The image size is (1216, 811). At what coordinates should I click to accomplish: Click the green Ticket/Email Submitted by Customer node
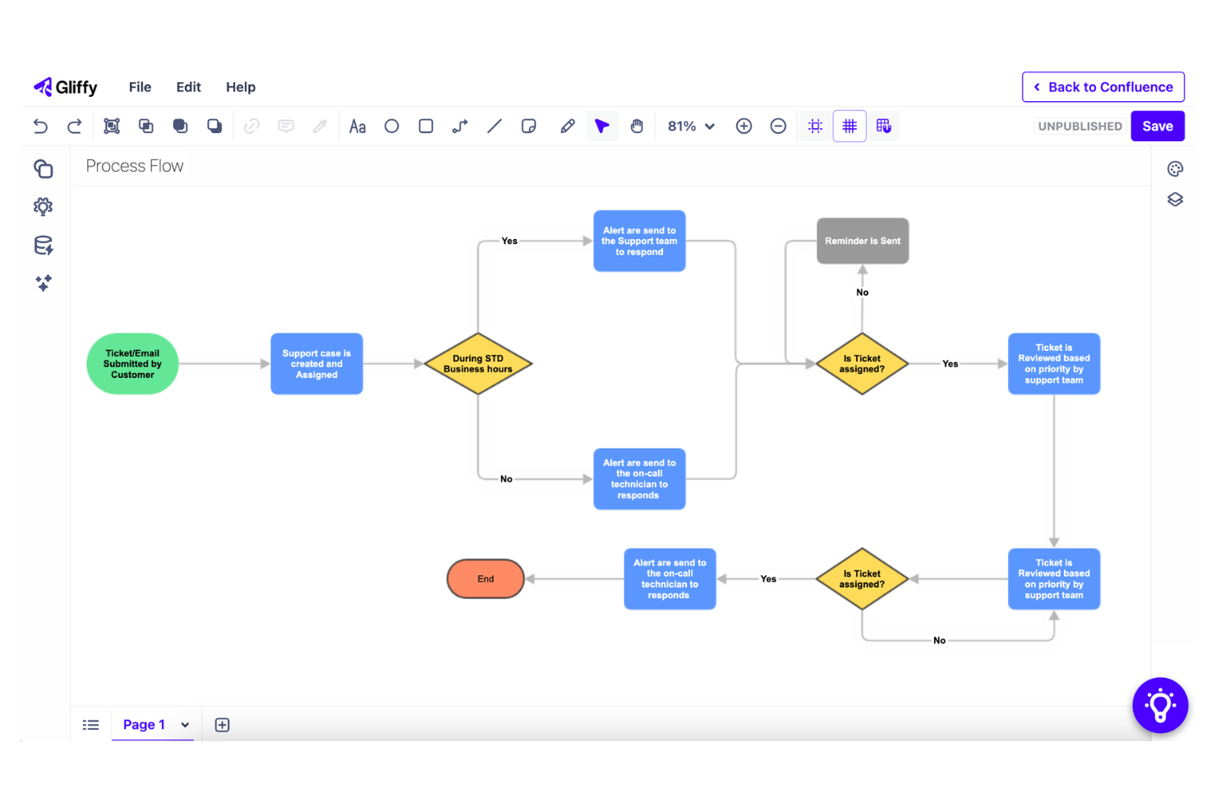coord(132,364)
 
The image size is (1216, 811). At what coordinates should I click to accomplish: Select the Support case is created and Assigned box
coord(316,364)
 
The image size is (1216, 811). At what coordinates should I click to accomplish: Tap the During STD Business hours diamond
coord(477,364)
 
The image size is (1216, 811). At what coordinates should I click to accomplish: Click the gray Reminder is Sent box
coord(862,241)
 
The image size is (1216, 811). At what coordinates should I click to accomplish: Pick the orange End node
coord(486,578)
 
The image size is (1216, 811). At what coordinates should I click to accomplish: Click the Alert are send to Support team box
coord(639,241)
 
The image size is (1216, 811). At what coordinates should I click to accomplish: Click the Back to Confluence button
coord(1103,87)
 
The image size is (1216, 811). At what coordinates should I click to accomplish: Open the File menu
coord(140,87)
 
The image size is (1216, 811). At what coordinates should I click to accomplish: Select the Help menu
coord(241,87)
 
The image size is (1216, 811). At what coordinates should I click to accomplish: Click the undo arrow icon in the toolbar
coord(40,126)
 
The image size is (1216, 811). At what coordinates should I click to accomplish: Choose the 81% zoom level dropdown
coord(691,126)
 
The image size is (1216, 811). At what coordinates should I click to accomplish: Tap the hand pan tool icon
coord(637,126)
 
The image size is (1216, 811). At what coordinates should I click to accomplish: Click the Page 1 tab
coord(145,725)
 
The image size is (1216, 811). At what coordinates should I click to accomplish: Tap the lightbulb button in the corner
coord(1159,705)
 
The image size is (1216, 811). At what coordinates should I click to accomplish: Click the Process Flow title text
coord(135,166)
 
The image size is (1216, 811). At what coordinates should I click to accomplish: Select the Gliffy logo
coord(66,87)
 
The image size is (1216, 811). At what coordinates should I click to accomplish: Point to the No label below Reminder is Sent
coord(862,293)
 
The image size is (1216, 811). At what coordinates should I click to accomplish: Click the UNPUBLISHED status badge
coord(1080,126)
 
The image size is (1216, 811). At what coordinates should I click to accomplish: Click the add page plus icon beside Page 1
coord(222,725)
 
